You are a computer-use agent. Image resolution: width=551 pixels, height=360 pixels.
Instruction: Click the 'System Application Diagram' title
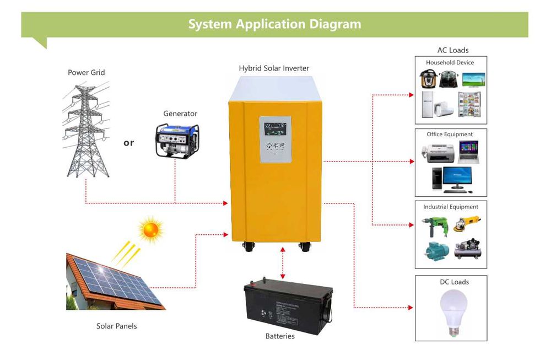click(274, 24)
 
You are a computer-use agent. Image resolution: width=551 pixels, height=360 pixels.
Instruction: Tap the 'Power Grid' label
click(86, 72)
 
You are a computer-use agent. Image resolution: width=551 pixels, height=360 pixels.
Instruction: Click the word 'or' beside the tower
click(128, 143)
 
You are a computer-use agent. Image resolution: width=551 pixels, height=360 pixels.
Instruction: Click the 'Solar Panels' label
click(116, 326)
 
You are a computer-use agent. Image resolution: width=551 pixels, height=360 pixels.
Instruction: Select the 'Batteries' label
click(280, 336)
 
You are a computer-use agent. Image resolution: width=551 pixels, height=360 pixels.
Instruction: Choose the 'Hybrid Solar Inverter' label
click(274, 68)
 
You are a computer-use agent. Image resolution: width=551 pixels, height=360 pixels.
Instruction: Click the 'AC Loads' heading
click(453, 50)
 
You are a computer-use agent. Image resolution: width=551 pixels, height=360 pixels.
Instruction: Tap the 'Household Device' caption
click(450, 62)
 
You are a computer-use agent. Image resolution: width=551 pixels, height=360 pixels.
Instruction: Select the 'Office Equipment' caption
click(450, 134)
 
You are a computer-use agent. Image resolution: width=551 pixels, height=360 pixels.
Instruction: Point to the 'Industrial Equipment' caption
click(451, 207)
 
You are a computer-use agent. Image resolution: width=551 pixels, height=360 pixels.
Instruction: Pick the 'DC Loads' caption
click(454, 282)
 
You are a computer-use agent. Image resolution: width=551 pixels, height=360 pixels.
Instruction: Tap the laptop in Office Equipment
click(468, 152)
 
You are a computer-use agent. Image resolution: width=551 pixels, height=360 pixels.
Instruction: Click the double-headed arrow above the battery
click(283, 264)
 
